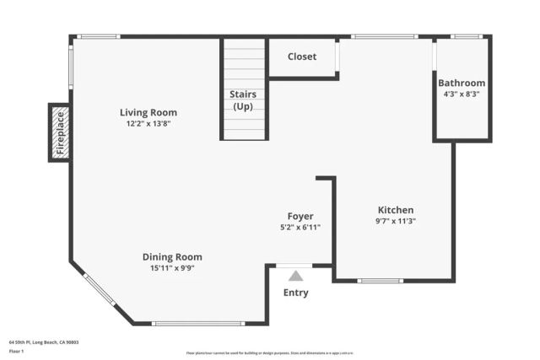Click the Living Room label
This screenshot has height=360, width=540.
pyautogui.click(x=148, y=112)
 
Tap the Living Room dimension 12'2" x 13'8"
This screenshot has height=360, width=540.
pyautogui.click(x=148, y=124)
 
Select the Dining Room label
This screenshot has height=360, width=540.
pyautogui.click(x=172, y=257)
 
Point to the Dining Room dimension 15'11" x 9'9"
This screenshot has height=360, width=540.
pyautogui.click(x=172, y=268)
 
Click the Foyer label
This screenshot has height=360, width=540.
pyautogui.click(x=300, y=216)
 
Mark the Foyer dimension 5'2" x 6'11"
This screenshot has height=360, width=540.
pyautogui.click(x=300, y=227)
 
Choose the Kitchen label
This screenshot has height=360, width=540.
pyautogui.click(x=396, y=210)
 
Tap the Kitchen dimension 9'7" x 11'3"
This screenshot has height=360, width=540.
pyautogui.click(x=396, y=221)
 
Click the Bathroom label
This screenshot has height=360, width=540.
pyautogui.click(x=462, y=83)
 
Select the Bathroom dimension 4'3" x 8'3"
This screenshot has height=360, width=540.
pyautogui.click(x=462, y=94)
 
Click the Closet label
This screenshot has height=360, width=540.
pyautogui.click(x=302, y=56)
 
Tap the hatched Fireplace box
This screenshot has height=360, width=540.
pyautogui.click(x=60, y=132)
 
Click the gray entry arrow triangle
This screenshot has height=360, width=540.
pyautogui.click(x=295, y=275)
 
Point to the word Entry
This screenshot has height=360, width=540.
pyautogui.click(x=295, y=293)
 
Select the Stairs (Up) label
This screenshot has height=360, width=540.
pyautogui.click(x=243, y=100)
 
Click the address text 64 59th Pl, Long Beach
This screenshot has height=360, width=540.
pyautogui.click(x=43, y=342)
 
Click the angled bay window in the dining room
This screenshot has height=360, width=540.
pyautogui.click(x=100, y=289)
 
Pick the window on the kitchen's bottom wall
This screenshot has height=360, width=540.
pyautogui.click(x=380, y=280)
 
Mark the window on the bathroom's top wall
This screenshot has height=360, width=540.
pyautogui.click(x=467, y=36)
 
